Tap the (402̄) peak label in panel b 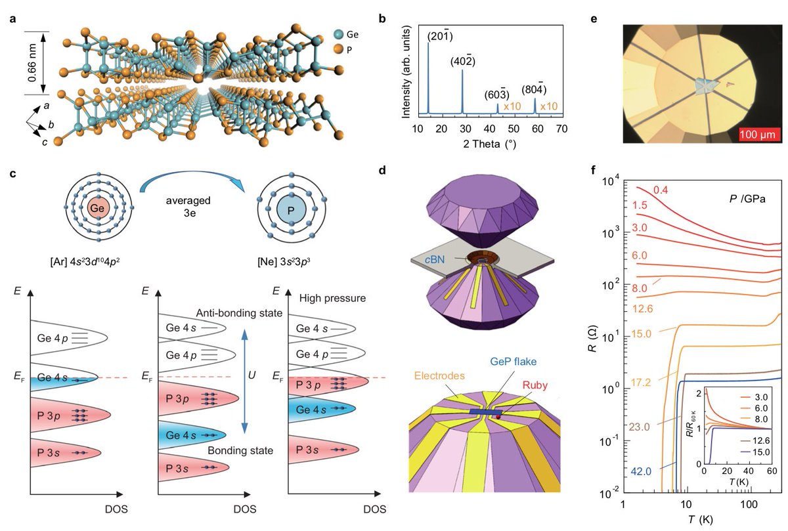click(464, 62)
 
